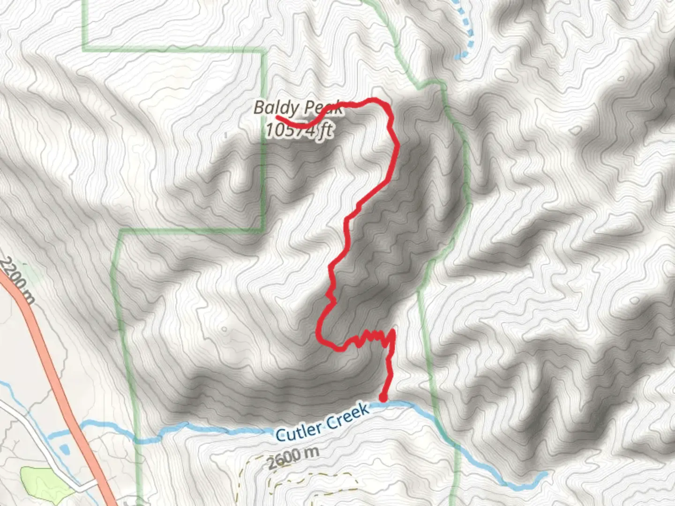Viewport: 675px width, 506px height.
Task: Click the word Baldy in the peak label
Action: (269, 107)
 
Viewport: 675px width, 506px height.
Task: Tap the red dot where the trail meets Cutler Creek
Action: (383, 399)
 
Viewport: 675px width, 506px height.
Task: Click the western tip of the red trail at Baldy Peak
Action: (277, 117)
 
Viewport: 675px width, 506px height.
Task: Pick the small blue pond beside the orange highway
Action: (65, 449)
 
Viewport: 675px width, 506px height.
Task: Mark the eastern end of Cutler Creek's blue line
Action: (545, 475)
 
